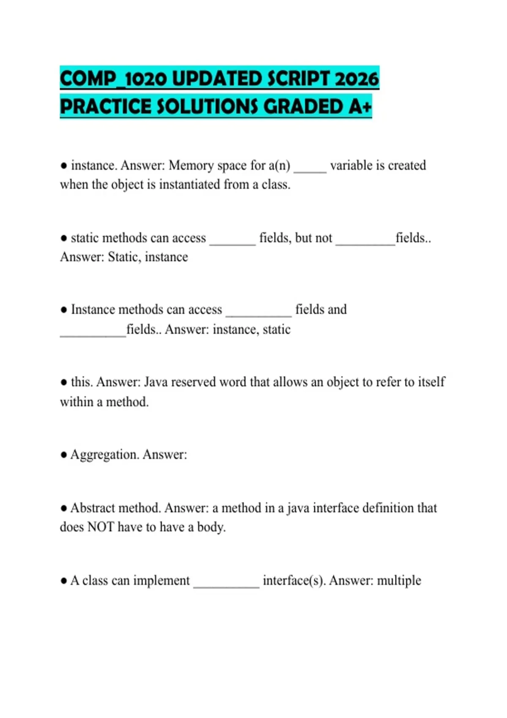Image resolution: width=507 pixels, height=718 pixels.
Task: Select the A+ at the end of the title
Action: (x=360, y=106)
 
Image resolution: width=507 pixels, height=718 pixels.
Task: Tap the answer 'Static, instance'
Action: (x=148, y=257)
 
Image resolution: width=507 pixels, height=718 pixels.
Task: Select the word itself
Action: (x=431, y=382)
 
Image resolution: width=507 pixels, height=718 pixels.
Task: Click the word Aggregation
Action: (x=104, y=454)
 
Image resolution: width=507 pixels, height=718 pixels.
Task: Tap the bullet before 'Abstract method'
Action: (x=64, y=508)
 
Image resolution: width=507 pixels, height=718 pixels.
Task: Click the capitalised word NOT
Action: (x=101, y=527)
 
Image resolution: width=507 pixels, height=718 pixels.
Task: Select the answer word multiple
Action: (x=399, y=580)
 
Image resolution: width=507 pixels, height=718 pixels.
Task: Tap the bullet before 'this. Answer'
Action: (x=64, y=382)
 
